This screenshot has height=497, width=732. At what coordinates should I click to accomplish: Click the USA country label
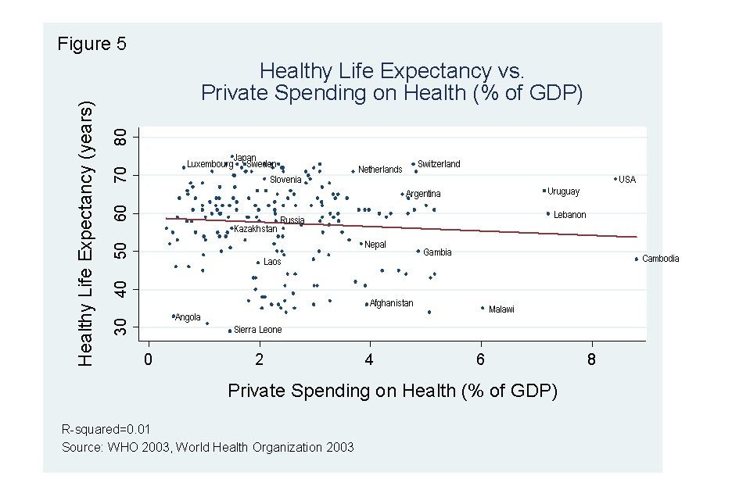coord(627,180)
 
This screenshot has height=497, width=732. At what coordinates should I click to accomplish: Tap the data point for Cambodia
coord(637,259)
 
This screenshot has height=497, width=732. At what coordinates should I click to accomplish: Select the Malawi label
coord(501,309)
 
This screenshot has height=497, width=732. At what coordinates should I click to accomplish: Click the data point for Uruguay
coord(544,191)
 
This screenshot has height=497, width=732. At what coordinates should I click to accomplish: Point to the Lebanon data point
coord(548,213)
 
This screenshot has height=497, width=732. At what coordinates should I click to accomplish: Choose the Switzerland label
coord(439,164)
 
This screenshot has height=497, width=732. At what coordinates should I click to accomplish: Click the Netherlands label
coord(380,170)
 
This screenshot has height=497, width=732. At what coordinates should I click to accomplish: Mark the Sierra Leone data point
coord(229,331)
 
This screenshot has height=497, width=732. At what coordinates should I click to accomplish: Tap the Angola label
coord(188,317)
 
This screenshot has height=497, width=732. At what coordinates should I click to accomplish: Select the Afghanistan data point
coord(366,305)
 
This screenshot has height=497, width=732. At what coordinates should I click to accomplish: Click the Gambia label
coord(438,252)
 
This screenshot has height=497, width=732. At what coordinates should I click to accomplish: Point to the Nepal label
coord(375,245)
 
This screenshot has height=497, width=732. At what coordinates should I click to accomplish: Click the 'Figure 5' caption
coord(91,44)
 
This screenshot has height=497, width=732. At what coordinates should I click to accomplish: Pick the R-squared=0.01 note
coord(106,429)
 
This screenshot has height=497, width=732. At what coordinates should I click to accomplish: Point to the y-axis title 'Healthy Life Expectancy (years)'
coord(87,233)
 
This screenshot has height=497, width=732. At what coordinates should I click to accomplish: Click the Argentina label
coord(423,194)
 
